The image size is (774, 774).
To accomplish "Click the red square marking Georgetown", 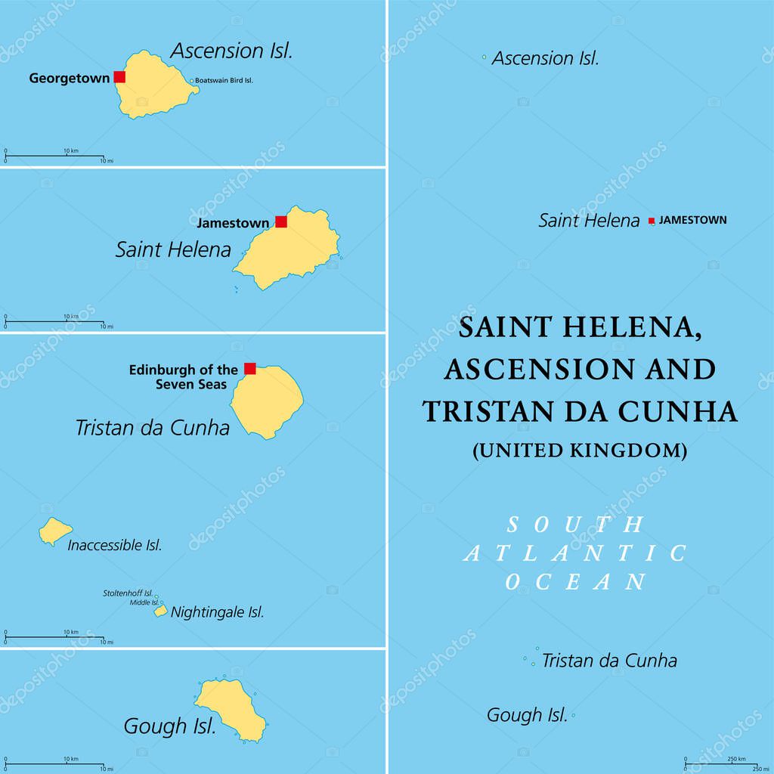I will tap(119, 76).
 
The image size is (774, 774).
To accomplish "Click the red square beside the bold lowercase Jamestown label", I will tap(281, 221).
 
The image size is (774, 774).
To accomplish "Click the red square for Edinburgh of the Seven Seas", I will tap(250, 368).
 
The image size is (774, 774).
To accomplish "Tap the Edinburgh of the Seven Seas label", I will tap(184, 376).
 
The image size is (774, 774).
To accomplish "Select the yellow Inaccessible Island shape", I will tap(54, 531).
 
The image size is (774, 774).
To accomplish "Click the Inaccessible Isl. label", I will tap(115, 545).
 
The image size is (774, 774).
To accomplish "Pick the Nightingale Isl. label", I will tap(218, 612).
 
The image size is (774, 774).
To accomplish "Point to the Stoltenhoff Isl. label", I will tap(128, 593).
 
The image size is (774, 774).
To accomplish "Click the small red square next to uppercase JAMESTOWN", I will tap(652, 221).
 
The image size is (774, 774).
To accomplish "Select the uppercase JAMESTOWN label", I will tap(693, 220).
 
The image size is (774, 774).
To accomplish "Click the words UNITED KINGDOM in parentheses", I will tap(580, 450).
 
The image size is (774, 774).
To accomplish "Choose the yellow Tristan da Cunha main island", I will tap(267, 401).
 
